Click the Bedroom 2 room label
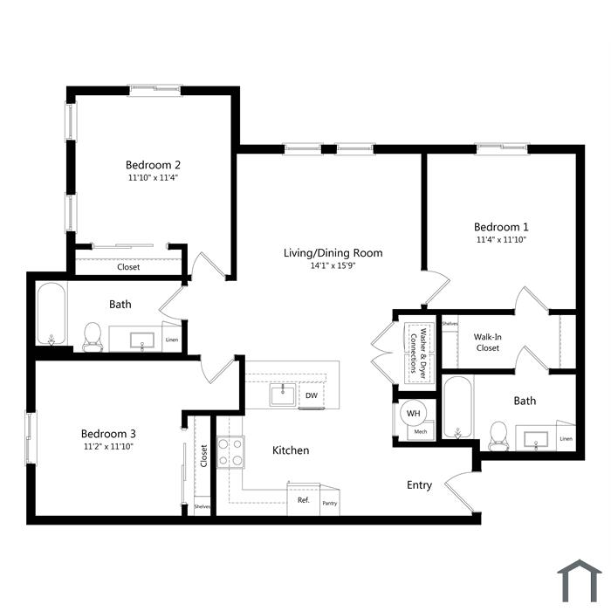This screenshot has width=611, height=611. click(x=153, y=165)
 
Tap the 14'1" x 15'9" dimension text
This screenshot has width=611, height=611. click(x=333, y=265)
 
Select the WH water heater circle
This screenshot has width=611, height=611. click(x=413, y=413)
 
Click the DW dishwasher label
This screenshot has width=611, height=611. click(x=312, y=395)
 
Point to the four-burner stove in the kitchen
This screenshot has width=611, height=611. click(x=230, y=452)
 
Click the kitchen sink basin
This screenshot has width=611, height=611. click(x=283, y=395)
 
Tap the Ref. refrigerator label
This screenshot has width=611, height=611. click(x=304, y=500)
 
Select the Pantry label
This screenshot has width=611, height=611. click(x=330, y=503)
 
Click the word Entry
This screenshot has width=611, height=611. click(x=419, y=485)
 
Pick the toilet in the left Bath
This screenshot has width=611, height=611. click(x=93, y=337)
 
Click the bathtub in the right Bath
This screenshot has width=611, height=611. click(x=458, y=408)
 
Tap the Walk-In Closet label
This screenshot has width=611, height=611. click(x=487, y=342)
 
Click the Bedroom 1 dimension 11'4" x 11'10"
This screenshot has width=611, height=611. click(x=501, y=239)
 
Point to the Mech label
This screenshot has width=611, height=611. click(x=421, y=431)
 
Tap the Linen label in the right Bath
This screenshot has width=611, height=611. click(x=566, y=439)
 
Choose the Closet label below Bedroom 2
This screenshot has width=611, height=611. click(x=128, y=267)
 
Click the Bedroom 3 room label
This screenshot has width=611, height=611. click(x=108, y=434)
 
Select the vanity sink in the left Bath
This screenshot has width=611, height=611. click(x=141, y=340)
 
